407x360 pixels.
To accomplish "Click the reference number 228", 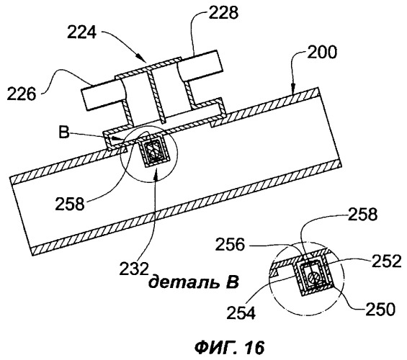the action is (x=223, y=12).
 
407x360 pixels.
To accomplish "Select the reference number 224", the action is (x=82, y=32).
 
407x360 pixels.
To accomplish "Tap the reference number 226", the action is (x=22, y=94).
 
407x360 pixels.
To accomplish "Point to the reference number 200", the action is (x=322, y=53).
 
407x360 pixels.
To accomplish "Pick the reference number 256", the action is (x=230, y=245).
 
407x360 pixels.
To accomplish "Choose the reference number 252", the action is (x=387, y=261).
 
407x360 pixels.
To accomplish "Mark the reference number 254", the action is (x=241, y=312).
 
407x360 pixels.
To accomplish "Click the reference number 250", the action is (x=380, y=309).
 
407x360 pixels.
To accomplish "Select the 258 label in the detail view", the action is (x=362, y=215).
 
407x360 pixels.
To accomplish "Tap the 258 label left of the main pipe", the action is (x=70, y=204).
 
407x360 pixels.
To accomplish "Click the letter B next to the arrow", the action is (x=64, y=132).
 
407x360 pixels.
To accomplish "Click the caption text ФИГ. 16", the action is (x=230, y=347).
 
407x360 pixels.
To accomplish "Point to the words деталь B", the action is (x=193, y=282).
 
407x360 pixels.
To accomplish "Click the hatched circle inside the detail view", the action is (x=314, y=278).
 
